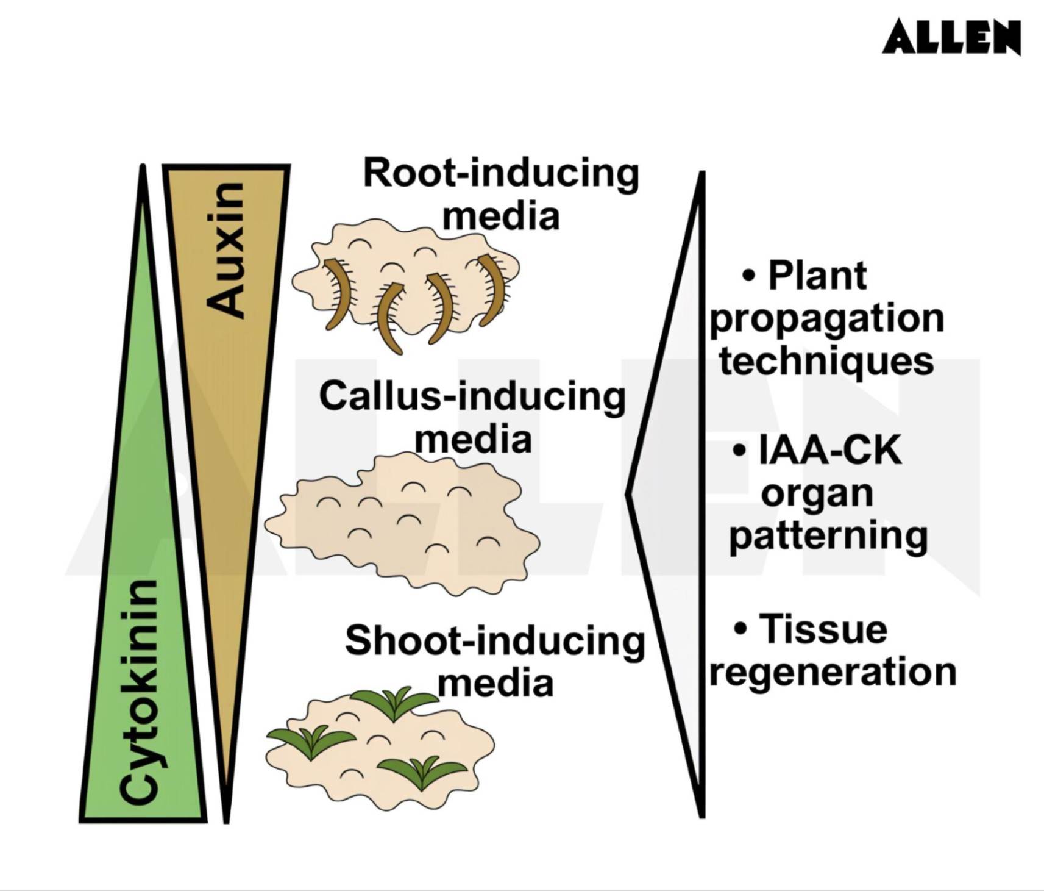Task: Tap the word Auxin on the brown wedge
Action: click(x=225, y=249)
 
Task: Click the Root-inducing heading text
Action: click(x=500, y=174)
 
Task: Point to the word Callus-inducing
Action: click(x=472, y=397)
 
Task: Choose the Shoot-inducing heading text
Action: click(x=494, y=642)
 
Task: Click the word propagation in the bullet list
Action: click(x=827, y=319)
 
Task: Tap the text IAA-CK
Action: click(x=829, y=452)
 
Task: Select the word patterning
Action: click(x=828, y=536)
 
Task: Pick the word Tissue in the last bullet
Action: click(x=823, y=629)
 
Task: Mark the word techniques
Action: click(x=826, y=361)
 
